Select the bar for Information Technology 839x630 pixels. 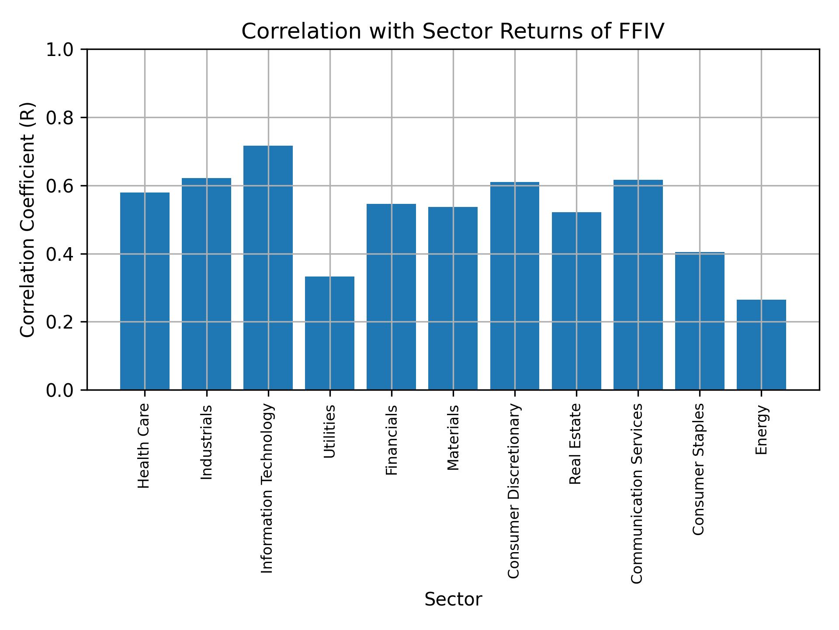point(268,267)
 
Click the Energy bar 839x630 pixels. point(761,345)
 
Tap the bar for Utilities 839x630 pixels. point(329,333)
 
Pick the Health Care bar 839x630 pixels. point(145,291)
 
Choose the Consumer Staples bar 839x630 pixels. point(699,321)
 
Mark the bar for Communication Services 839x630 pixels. point(638,284)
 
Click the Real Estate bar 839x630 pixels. point(576,301)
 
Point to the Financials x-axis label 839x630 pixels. point(392,440)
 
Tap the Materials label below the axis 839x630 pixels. point(453,437)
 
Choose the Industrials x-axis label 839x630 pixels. point(206,442)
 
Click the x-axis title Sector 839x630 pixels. point(453,599)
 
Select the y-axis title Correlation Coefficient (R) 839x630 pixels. point(27,220)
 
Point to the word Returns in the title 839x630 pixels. point(536,31)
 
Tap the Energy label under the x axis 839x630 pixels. point(761,429)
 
